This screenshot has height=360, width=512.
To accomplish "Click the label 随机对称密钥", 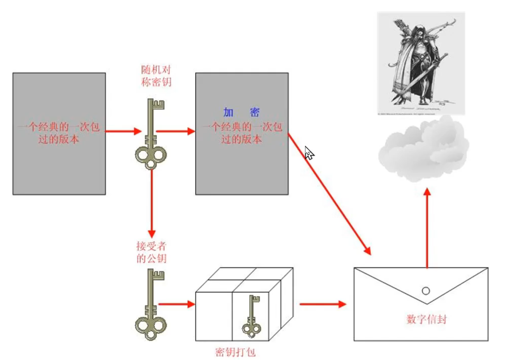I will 156,76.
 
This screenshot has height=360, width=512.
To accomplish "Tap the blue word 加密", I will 241,112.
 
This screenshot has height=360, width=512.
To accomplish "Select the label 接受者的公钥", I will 151,252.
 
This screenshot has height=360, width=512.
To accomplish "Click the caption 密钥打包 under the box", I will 235,352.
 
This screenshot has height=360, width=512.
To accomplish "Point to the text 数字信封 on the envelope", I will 426,319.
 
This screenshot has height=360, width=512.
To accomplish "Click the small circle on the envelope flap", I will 426,291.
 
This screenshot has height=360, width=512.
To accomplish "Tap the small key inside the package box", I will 251,317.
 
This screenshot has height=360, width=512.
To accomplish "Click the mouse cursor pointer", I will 309,152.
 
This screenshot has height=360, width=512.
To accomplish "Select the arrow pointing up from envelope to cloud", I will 427,228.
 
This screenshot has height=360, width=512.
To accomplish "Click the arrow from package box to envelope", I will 322,304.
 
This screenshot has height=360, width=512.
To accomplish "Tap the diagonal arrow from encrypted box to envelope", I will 329,193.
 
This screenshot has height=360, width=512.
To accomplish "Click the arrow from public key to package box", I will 176,304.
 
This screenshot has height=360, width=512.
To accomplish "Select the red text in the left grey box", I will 59,133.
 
